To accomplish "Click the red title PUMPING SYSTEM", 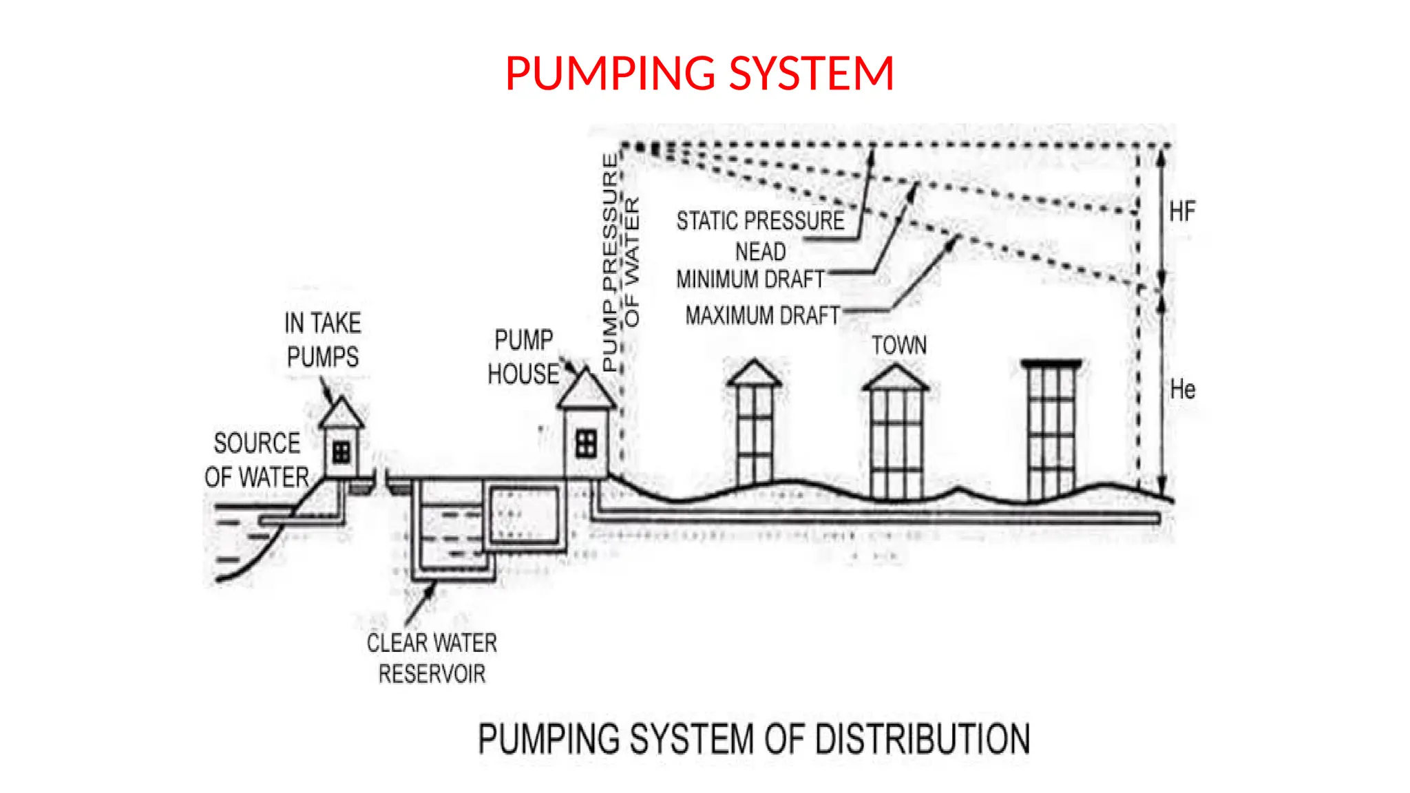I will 699,74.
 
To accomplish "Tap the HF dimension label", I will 1182,211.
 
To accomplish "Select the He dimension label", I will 1182,390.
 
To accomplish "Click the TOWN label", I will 898,345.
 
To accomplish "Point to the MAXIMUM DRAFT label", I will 762,315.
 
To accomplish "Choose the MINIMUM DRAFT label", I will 750,279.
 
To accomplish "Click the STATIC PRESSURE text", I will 760,221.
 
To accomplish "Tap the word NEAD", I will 760,252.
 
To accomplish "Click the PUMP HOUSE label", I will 523,357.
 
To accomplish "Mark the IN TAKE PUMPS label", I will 323,340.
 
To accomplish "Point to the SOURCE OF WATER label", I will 256,460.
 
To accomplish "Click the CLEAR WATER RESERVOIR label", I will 432,658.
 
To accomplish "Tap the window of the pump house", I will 586,443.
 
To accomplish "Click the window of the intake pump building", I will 341,452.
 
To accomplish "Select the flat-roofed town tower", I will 1051,430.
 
